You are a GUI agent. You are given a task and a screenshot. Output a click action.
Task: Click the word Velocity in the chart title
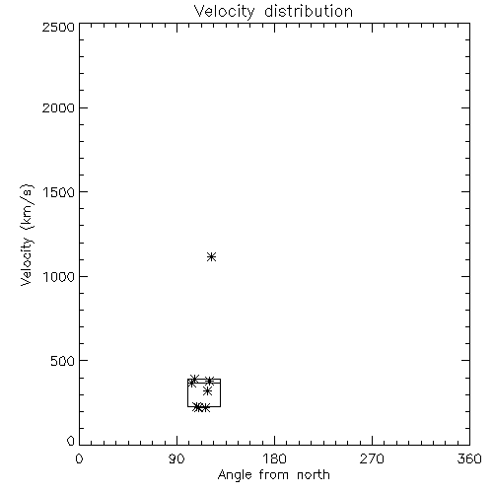pyautogui.click(x=224, y=11)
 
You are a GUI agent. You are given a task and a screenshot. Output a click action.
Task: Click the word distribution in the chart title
pyautogui.click(x=309, y=11)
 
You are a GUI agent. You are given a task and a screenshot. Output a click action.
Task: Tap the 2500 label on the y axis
pyautogui.click(x=58, y=27)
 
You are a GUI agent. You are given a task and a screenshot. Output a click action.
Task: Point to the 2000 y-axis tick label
pyautogui.click(x=58, y=107)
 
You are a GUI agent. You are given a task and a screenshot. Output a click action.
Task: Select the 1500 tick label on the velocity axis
pyautogui.click(x=59, y=192)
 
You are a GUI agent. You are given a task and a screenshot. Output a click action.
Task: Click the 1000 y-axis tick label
pyautogui.click(x=59, y=277)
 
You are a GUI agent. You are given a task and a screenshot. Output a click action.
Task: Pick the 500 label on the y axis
pyautogui.click(x=63, y=361)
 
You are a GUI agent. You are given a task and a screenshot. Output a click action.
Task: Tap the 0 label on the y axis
pyautogui.click(x=71, y=441)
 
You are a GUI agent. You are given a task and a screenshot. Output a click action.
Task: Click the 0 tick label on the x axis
pyautogui.click(x=79, y=458)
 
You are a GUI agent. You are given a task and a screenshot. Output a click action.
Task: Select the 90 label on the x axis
pyautogui.click(x=176, y=458)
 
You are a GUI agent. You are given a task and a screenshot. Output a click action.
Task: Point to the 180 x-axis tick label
pyautogui.click(x=274, y=458)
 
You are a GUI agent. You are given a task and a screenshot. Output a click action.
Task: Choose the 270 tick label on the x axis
pyautogui.click(x=372, y=458)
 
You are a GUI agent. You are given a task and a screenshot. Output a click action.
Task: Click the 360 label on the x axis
pyautogui.click(x=469, y=458)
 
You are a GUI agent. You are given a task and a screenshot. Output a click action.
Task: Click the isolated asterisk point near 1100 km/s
pyautogui.click(x=212, y=256)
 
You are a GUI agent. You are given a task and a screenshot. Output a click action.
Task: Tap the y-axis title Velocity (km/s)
pyautogui.click(x=27, y=235)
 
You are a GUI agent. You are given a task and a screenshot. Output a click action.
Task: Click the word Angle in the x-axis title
pyautogui.click(x=235, y=475)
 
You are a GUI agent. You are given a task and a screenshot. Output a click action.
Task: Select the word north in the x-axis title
pyautogui.click(x=314, y=475)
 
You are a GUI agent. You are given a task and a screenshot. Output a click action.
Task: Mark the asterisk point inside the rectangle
pyautogui.click(x=207, y=391)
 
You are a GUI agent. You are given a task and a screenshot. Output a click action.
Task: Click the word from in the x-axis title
pyautogui.click(x=274, y=475)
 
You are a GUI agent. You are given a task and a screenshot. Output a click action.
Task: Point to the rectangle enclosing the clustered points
pyautogui.click(x=187, y=392)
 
